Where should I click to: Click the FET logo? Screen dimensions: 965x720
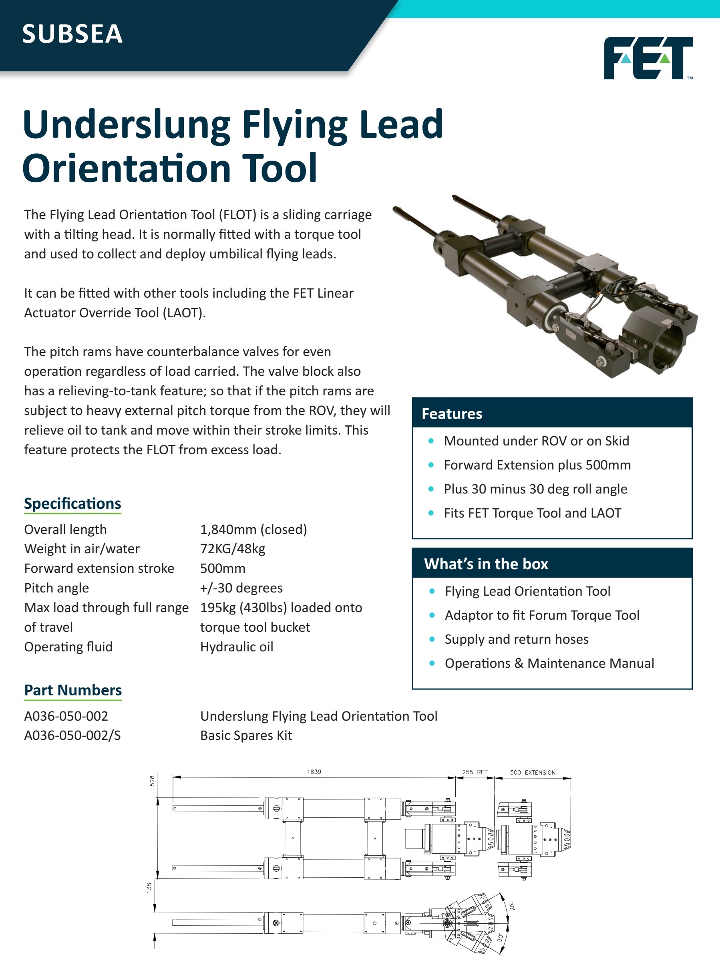[648, 58]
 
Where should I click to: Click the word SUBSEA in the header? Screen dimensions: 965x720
[72, 34]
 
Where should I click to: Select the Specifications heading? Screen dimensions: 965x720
[72, 504]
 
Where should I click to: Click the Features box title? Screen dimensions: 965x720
[452, 414]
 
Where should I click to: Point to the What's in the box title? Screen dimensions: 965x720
[486, 564]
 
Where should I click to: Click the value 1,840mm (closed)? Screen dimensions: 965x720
[253, 530]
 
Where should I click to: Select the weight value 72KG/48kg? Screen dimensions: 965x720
[232, 549]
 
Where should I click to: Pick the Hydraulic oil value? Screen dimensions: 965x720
[237, 647]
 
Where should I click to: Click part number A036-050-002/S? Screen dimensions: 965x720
[72, 735]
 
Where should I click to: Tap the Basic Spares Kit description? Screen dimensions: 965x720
[246, 735]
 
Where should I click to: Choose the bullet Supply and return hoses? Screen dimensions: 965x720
[517, 639]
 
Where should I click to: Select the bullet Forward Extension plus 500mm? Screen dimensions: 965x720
[537, 465]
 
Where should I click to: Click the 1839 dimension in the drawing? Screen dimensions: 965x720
[314, 772]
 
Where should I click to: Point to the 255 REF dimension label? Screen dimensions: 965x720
[475, 772]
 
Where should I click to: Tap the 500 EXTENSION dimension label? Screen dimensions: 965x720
[533, 773]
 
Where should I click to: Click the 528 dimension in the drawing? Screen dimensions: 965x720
[152, 781]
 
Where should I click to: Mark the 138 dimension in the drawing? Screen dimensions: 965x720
[149, 888]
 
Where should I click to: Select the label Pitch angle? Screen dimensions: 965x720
[56, 588]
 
